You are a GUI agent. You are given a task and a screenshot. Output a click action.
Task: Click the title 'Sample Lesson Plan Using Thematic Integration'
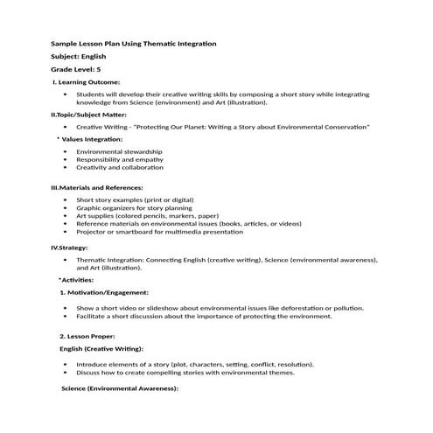click(x=133, y=44)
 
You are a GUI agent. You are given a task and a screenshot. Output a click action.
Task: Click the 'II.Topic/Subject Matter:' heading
click(x=89, y=115)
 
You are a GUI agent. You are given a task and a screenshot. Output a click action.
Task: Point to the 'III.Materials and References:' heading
click(x=97, y=188)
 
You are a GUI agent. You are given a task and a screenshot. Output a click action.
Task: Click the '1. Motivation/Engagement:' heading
click(x=104, y=292)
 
